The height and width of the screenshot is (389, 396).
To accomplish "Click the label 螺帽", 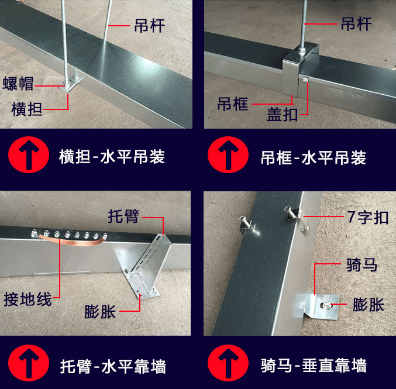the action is point(18,83).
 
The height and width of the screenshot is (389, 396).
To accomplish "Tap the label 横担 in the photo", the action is point(27,109).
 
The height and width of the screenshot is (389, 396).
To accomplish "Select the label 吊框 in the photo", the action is point(233,104).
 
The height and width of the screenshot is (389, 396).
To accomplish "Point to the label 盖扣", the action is point(283,114).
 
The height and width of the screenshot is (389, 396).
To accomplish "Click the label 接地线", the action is point(27,299).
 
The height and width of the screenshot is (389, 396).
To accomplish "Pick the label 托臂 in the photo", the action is point(123,216).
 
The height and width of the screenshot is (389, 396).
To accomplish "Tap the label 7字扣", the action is point(368,217).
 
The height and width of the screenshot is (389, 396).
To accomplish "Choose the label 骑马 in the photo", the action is point(361,264).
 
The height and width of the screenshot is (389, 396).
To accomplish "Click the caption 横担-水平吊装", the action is point(112,157).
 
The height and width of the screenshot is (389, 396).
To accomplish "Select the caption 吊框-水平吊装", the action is point(314,157).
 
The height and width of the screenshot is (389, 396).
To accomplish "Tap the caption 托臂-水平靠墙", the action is point(113,367).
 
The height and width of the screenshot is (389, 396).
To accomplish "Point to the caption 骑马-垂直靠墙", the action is point(314,365).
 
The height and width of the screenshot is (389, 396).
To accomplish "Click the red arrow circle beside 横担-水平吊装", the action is point(29,154).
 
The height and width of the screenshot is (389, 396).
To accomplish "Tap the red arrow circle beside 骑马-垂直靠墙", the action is point(228,363).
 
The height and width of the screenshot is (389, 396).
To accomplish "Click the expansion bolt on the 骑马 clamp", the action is point(327,305).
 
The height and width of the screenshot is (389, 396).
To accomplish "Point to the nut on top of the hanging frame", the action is point(302,51).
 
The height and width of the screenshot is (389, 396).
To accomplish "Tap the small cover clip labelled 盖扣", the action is point(305,79).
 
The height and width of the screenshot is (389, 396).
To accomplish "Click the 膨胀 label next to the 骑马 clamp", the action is point(369,304).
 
